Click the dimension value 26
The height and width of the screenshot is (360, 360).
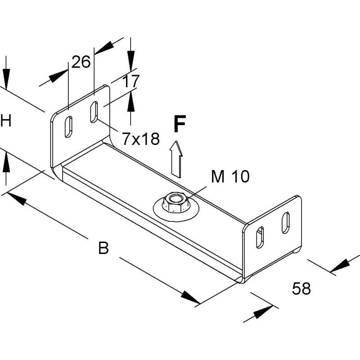pyautogui.click(x=81, y=62)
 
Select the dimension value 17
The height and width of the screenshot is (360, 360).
pyautogui.click(x=131, y=81)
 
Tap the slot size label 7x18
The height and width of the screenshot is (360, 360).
pyautogui.click(x=141, y=139)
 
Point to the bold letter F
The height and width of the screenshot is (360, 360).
pyautogui.click(x=180, y=124)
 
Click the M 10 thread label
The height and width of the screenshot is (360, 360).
pyautogui.click(x=230, y=176)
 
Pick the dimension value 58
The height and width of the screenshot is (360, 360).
pyautogui.click(x=301, y=288)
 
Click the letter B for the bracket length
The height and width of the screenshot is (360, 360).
pyautogui.click(x=103, y=247)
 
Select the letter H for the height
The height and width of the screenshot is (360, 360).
pyautogui.click(x=6, y=121)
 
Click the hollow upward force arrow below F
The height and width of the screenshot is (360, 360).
pyautogui.click(x=176, y=159)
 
